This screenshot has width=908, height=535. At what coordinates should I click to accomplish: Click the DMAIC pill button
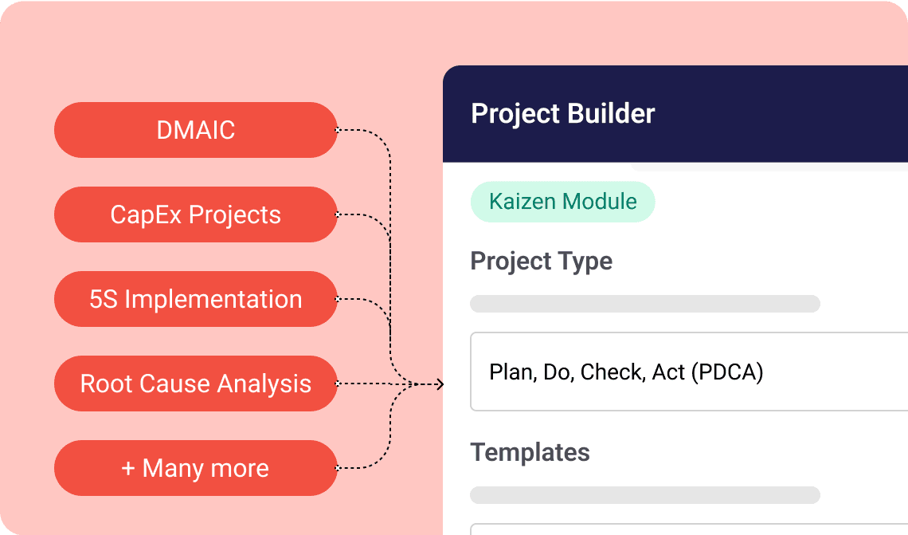[196, 130]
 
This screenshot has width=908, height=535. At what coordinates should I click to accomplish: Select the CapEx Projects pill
[196, 214]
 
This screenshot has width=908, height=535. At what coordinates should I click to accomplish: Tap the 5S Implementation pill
[196, 299]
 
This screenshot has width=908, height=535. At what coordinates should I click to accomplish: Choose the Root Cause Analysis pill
[196, 384]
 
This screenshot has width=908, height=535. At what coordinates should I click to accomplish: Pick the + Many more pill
[196, 468]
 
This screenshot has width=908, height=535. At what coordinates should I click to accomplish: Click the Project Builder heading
[562, 114]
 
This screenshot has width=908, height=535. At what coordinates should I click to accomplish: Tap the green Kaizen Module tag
[562, 201]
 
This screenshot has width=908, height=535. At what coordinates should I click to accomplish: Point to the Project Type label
[541, 262]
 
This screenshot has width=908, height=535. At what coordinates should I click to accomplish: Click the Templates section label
[530, 452]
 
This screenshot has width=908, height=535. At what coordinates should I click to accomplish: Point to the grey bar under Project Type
[644, 304]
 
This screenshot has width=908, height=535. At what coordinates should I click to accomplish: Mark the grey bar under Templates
[644, 495]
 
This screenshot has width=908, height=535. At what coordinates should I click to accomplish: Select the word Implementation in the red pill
[213, 299]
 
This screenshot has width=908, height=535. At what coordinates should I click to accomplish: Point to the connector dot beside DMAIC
[338, 130]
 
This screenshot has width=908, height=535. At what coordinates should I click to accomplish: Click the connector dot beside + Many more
[338, 468]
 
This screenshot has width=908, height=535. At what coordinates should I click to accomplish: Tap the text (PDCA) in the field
[727, 372]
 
